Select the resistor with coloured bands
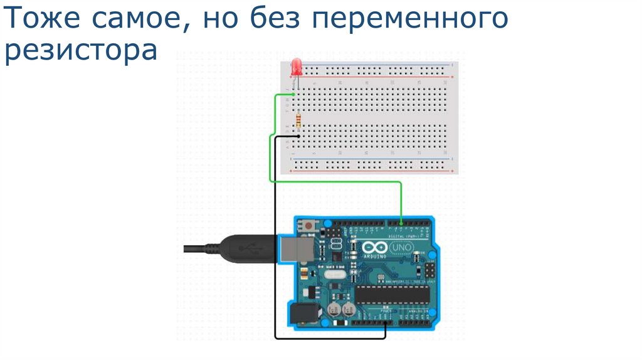[298, 119]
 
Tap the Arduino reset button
[308, 225]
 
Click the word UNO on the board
[399, 250]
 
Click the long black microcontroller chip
[393, 294]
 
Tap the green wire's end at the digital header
[401, 221]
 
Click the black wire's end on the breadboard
[298, 135]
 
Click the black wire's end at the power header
[385, 323]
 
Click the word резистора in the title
[80, 51]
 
